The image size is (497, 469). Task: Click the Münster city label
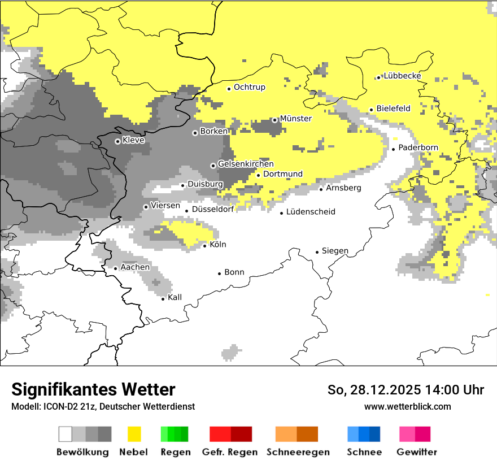[295, 119]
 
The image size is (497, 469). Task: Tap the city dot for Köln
[205, 246]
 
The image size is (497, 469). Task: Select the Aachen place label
[135, 267]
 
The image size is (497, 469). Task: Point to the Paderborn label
[418, 148]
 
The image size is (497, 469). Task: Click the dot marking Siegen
[317, 252]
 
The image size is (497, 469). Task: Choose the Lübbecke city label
[402, 76]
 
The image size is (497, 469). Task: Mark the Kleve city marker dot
[117, 141]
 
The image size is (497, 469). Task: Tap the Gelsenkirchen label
[246, 164]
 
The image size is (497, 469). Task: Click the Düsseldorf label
[213, 209]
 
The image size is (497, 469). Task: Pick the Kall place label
[175, 297]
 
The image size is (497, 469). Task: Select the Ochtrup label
[249, 88]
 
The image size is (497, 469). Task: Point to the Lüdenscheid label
[311, 212]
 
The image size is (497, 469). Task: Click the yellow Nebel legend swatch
[134, 434]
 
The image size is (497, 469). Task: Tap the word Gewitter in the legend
[416, 452]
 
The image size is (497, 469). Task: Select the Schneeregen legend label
[298, 452]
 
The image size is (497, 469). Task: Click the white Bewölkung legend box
[65, 434]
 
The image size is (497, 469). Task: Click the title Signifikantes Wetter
[93, 390]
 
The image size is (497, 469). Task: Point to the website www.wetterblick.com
[407, 407]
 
